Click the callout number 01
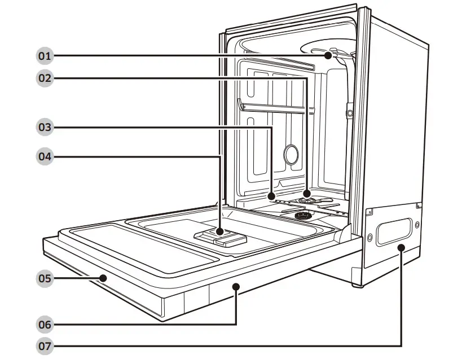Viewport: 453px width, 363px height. [x=45, y=56]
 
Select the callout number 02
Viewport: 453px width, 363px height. [x=45, y=78]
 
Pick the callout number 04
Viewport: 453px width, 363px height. [x=45, y=156]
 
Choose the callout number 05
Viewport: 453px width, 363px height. [x=45, y=278]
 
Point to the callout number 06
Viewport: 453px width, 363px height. [x=45, y=325]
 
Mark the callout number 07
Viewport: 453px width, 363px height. [x=45, y=345]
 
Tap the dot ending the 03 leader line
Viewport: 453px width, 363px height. [x=272, y=196]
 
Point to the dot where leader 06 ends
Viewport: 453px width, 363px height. [x=236, y=287]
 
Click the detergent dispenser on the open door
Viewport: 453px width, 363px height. [x=220, y=235]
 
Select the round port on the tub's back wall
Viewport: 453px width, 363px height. [x=291, y=154]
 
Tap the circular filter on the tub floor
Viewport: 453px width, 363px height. [x=302, y=216]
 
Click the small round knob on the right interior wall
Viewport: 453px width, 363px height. [x=350, y=113]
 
